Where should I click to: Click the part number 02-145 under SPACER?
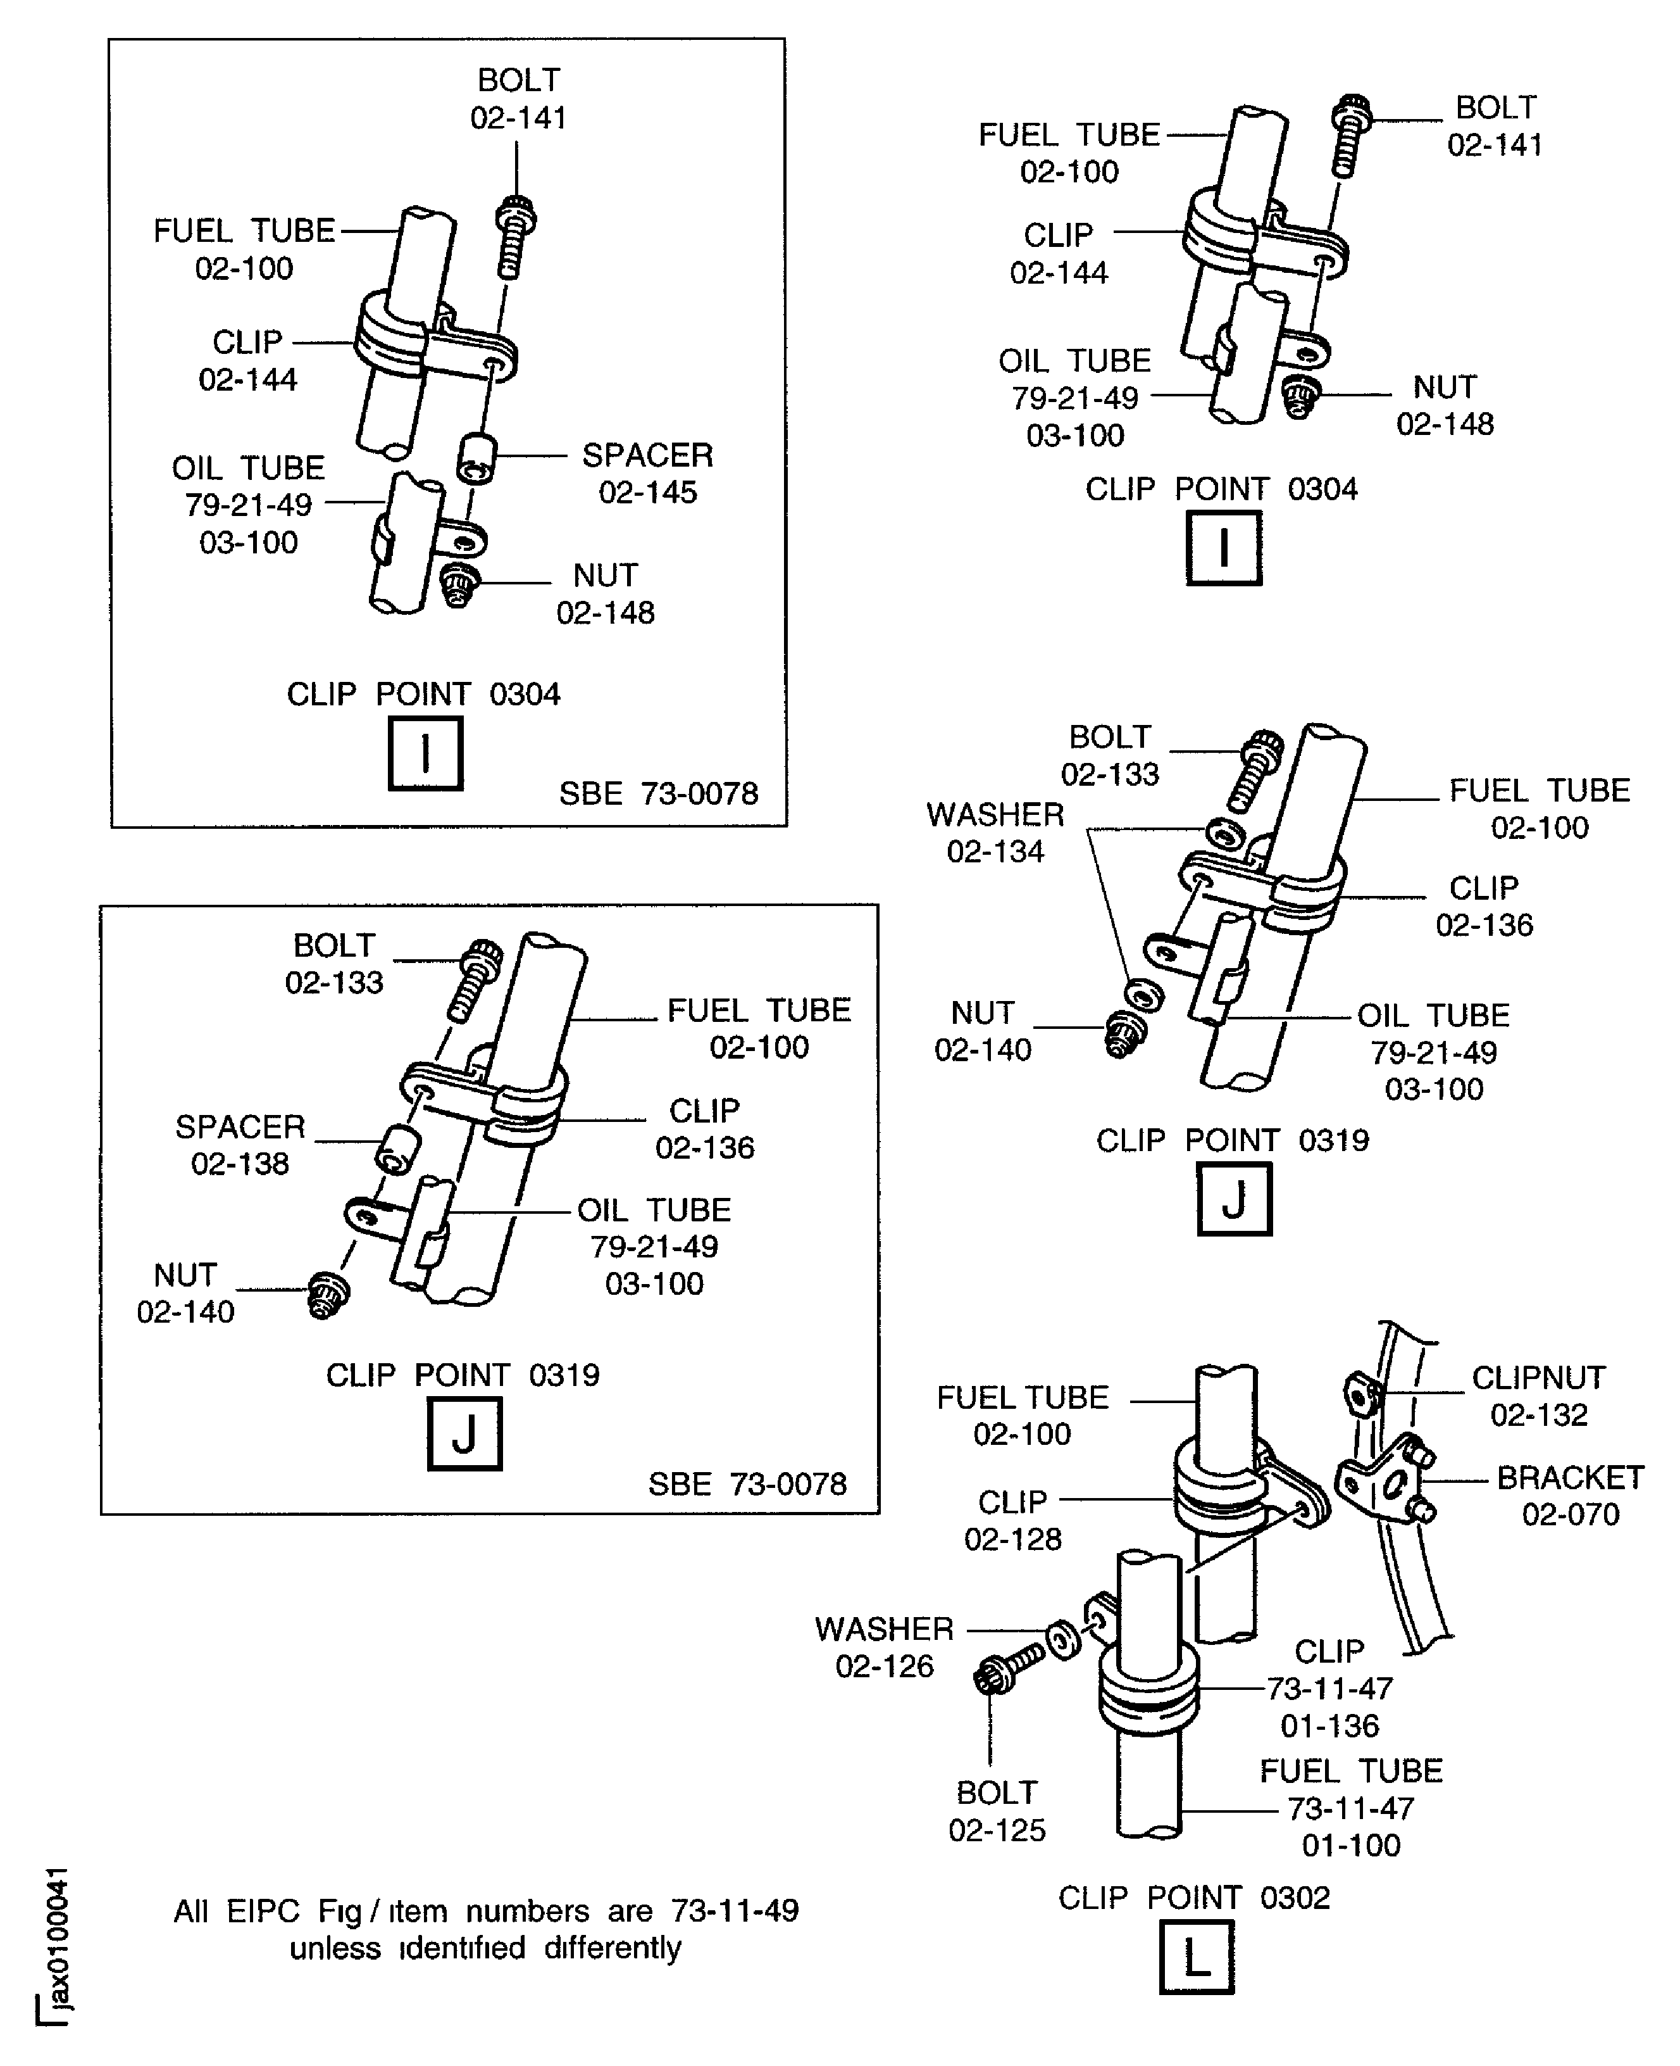[x=647, y=493]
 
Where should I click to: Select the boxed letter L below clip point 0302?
[x=1196, y=1958]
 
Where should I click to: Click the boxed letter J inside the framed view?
[x=464, y=1434]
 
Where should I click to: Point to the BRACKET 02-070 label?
[x=1570, y=1496]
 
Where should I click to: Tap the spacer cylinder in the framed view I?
[x=476, y=457]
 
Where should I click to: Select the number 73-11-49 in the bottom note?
[x=735, y=1910]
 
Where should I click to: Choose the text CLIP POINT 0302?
[x=1193, y=1898]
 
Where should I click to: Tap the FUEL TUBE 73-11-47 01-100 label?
[x=1351, y=1808]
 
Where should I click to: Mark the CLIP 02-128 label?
[x=1012, y=1520]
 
